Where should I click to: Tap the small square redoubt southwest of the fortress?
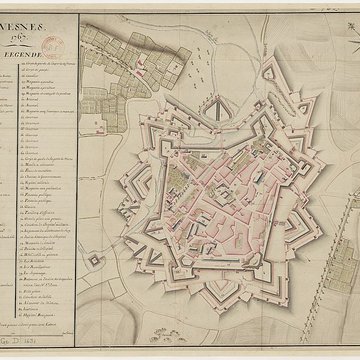(x=96, y=260)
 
